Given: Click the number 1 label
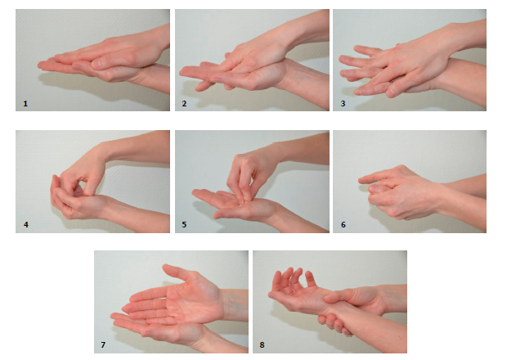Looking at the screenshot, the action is pos(25,104).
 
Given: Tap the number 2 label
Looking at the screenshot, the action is pos(184,104).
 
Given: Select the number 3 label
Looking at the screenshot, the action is pos(343,104).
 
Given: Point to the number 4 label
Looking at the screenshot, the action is pos(26,224).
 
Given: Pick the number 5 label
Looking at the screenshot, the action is pos(184,224).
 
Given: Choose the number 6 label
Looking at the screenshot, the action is pos(343,224).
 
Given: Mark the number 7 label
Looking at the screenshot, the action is pos(103,344).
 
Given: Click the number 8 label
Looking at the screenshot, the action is pos(262,344).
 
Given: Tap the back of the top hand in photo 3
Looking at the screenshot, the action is pos(417,58).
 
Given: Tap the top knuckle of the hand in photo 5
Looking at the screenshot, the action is pos(239,159).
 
